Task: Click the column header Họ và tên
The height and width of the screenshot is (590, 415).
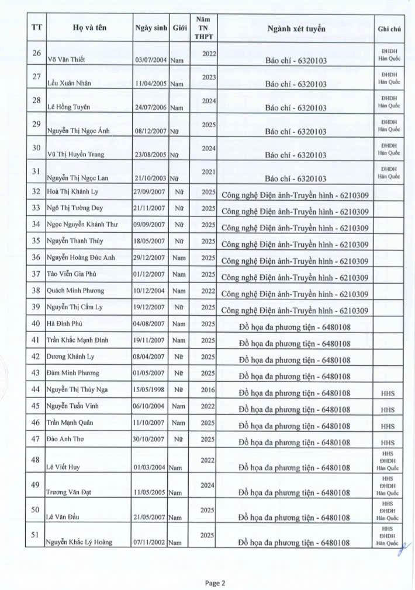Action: (89, 27)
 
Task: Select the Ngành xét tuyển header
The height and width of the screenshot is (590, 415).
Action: (296, 28)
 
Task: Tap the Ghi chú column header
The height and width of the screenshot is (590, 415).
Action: (389, 28)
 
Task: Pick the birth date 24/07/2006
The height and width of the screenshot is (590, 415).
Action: (151, 108)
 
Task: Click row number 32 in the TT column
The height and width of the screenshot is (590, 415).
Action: (36, 191)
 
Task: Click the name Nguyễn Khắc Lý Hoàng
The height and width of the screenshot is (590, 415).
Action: (79, 542)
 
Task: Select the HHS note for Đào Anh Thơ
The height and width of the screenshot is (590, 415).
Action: (388, 443)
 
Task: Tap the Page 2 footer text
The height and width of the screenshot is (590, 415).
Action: (215, 582)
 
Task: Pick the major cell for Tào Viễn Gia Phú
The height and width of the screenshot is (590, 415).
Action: (295, 277)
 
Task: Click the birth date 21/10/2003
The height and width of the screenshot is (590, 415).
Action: (151, 178)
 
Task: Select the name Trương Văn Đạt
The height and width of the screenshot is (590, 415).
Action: (69, 493)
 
